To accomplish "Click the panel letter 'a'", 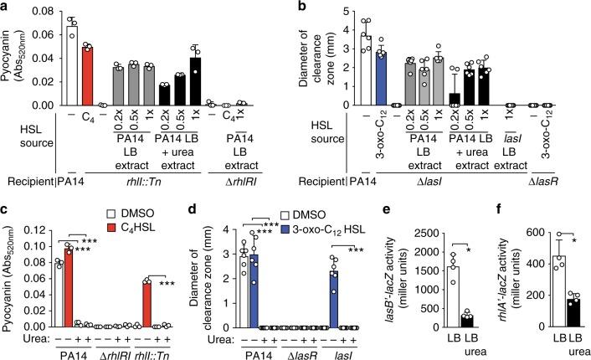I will (x=6, y=7).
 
